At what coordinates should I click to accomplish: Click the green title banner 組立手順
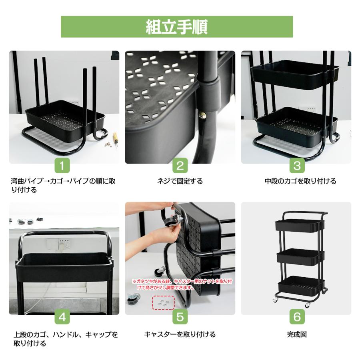click(177, 27)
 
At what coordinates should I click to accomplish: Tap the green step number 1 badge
click(62, 165)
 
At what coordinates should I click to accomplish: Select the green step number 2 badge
click(180, 165)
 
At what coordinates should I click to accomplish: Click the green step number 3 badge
click(297, 165)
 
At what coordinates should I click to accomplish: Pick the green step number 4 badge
click(62, 317)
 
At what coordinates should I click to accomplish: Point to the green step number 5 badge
click(180, 317)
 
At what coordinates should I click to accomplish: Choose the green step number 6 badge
click(297, 317)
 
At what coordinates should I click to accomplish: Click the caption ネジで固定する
click(180, 181)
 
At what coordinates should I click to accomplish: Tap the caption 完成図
click(297, 334)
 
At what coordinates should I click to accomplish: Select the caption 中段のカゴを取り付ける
click(300, 181)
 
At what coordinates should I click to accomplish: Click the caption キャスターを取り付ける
click(180, 334)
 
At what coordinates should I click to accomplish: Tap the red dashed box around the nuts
click(163, 302)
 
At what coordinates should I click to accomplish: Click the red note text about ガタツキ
click(182, 284)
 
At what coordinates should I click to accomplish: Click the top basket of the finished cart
click(298, 226)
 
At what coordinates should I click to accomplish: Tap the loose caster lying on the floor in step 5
click(133, 298)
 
